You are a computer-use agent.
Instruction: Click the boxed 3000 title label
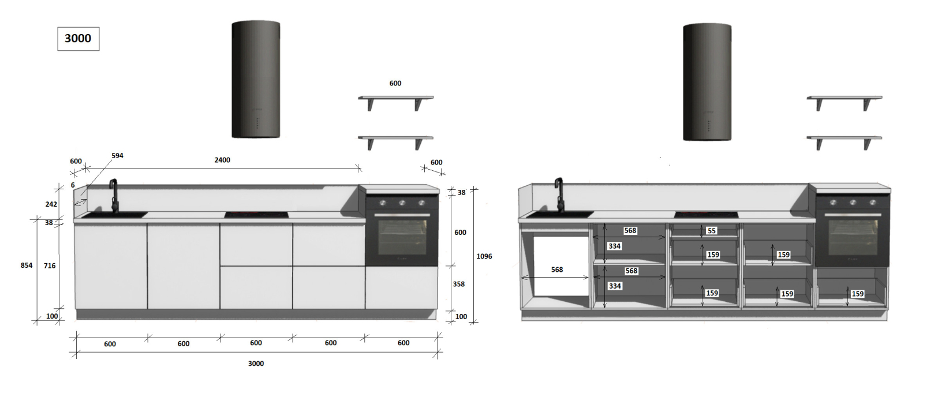[x=78, y=39]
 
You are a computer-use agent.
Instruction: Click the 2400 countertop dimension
[x=222, y=160]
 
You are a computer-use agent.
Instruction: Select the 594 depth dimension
[x=117, y=156]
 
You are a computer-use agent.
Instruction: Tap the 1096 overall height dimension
[x=484, y=256]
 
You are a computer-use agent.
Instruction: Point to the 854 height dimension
[x=27, y=265]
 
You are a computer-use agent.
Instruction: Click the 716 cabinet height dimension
[x=50, y=265]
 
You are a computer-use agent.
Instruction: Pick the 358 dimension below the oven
[x=459, y=284]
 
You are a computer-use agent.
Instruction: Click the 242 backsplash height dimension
[x=51, y=204]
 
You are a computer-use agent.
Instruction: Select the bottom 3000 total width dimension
[x=256, y=364]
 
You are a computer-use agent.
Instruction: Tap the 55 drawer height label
[x=712, y=231]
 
